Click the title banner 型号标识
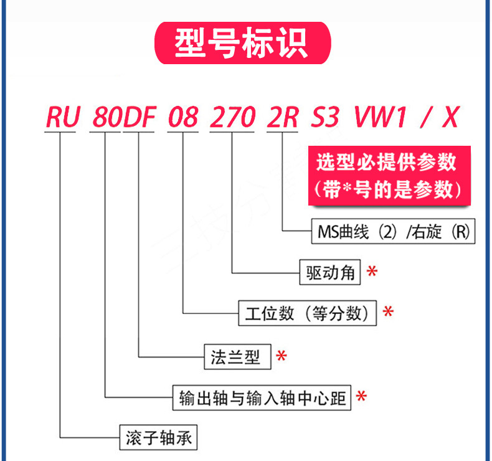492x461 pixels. [x=242, y=44]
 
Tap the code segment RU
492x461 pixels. [x=62, y=118]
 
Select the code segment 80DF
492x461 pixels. [x=123, y=118]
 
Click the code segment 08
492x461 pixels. [x=182, y=118]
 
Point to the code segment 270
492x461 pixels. [x=232, y=118]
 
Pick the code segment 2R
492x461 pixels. [x=282, y=118]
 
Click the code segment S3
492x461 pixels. [x=326, y=118]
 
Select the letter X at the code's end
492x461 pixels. [x=450, y=118]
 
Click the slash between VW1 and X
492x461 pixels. [x=422, y=118]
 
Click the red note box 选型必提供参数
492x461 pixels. [x=390, y=176]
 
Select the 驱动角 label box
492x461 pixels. [x=329, y=272]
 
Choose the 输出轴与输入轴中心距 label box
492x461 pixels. [x=262, y=397]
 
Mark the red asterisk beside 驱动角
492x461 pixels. [x=372, y=272]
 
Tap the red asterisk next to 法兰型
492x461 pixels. [x=281, y=356]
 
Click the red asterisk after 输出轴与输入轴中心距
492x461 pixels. [x=361, y=396]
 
